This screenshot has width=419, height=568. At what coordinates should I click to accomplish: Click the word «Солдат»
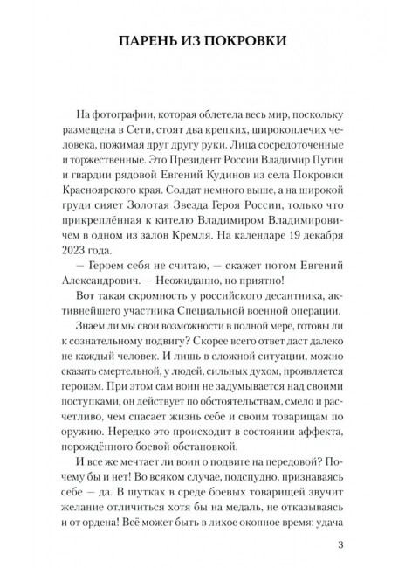tap(212, 195)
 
